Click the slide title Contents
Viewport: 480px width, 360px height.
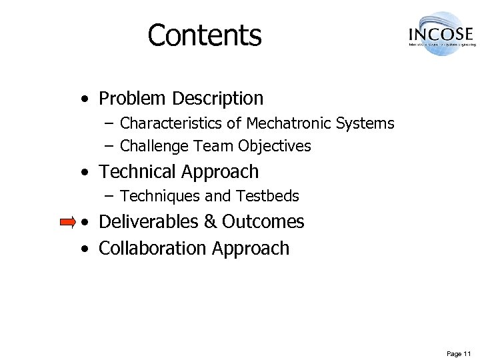(x=205, y=35)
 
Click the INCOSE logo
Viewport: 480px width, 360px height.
(x=441, y=33)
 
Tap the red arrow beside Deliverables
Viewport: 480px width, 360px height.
(x=68, y=222)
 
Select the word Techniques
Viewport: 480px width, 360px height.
(x=159, y=196)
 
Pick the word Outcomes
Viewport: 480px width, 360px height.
(x=263, y=221)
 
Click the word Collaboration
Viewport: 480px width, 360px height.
(x=153, y=248)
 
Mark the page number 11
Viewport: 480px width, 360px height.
(x=468, y=353)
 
